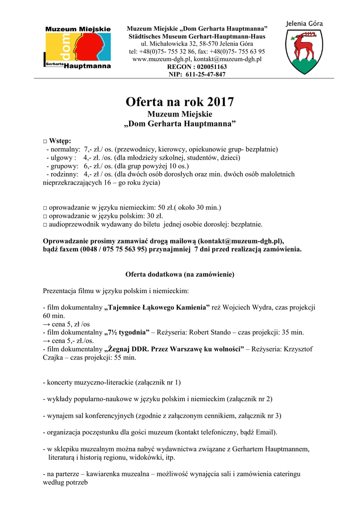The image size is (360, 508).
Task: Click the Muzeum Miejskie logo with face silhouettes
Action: coord(78,47)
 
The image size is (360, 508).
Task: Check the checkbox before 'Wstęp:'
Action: coord(45,141)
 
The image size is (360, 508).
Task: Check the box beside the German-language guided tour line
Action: coord(45,207)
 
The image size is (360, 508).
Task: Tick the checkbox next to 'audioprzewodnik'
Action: coord(45,224)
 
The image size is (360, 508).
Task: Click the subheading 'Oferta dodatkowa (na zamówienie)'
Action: coord(179,274)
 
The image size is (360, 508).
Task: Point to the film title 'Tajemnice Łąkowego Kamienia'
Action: coord(157,308)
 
